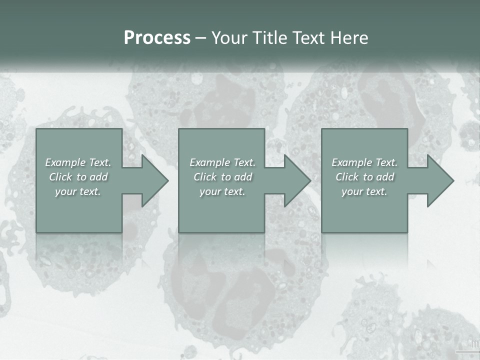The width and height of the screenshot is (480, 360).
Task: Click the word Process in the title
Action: pos(157,38)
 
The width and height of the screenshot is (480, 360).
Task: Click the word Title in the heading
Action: pos(268,38)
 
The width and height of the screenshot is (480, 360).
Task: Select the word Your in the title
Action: pos(229,38)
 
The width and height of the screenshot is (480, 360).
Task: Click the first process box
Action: pos(79,215)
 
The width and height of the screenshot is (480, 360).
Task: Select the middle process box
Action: pos(221,215)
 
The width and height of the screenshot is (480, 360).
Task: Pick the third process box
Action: pos(364,215)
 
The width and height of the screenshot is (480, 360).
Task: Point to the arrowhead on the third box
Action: pos(439,180)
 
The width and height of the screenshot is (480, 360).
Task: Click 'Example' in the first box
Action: pos(65,162)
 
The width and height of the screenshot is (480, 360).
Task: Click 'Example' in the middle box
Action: pos(209,162)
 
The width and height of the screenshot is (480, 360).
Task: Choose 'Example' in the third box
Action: pos(351,162)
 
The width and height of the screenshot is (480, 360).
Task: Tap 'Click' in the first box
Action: pos(60,177)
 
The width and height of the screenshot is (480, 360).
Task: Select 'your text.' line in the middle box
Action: pos(222,191)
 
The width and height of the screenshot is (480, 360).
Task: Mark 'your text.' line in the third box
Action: pos(364,191)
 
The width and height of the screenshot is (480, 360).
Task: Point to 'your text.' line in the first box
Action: pos(77,191)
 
